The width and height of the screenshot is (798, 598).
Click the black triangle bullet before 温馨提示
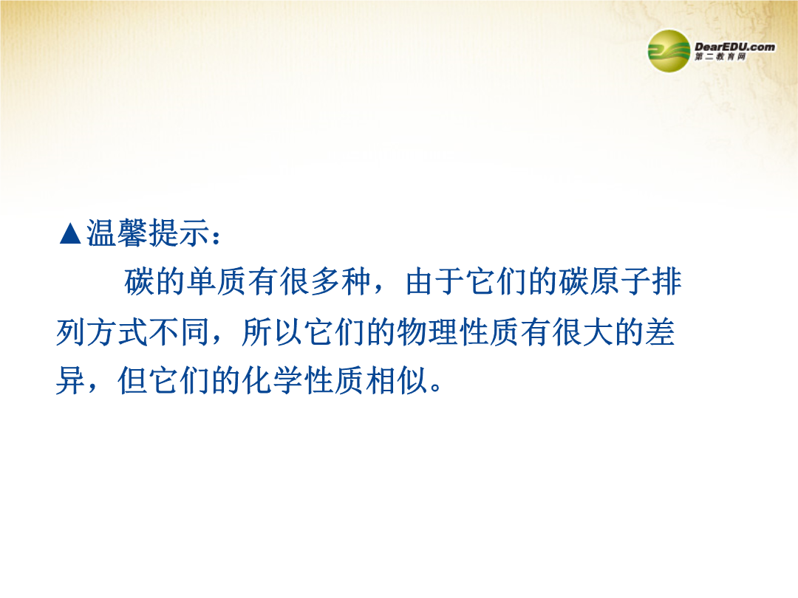[x=70, y=234]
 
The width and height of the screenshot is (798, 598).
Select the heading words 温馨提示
[x=148, y=233]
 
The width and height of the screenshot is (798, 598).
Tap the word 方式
[x=117, y=332]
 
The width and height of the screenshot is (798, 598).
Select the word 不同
[x=179, y=332]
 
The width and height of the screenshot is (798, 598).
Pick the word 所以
[x=272, y=332]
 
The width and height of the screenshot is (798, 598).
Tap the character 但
[x=133, y=380]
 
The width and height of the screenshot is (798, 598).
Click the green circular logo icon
[x=669, y=51]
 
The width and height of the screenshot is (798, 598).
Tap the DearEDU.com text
[x=735, y=47]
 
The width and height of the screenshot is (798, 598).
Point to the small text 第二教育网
[x=720, y=57]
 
